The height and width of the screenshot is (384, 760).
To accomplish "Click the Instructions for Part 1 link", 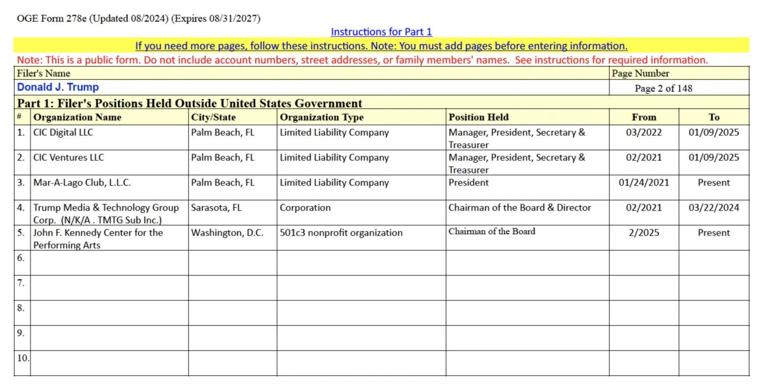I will tap(381, 32).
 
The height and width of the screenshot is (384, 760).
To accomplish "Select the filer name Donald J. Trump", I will tap(58, 87).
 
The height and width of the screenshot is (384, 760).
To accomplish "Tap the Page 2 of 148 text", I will tap(663, 88).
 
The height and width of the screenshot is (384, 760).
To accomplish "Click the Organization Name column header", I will tap(78, 117).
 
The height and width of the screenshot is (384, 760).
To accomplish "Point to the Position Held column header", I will tap(478, 117).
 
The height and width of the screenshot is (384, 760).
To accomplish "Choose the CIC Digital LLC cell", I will tap(63, 132).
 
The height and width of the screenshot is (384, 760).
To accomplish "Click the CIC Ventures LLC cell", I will tap(68, 158).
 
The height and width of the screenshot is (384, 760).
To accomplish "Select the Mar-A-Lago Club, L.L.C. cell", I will tap(82, 183).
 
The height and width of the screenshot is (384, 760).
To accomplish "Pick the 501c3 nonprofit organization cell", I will tap(341, 233).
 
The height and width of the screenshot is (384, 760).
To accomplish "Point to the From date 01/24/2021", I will tap(644, 183).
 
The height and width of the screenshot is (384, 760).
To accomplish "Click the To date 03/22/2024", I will tap(714, 208).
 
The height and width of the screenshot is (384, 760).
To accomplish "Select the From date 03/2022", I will tap(644, 132).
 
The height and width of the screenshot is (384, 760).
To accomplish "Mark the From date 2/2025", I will tap(644, 233).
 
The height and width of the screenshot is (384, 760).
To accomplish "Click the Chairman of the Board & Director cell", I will tap(520, 208).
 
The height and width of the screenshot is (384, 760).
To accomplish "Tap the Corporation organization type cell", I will tap(305, 208).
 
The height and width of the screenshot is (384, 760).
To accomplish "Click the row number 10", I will tap(23, 358).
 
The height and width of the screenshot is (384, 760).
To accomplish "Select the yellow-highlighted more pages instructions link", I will tap(381, 46).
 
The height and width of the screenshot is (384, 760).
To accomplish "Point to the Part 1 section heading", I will tap(189, 103).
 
